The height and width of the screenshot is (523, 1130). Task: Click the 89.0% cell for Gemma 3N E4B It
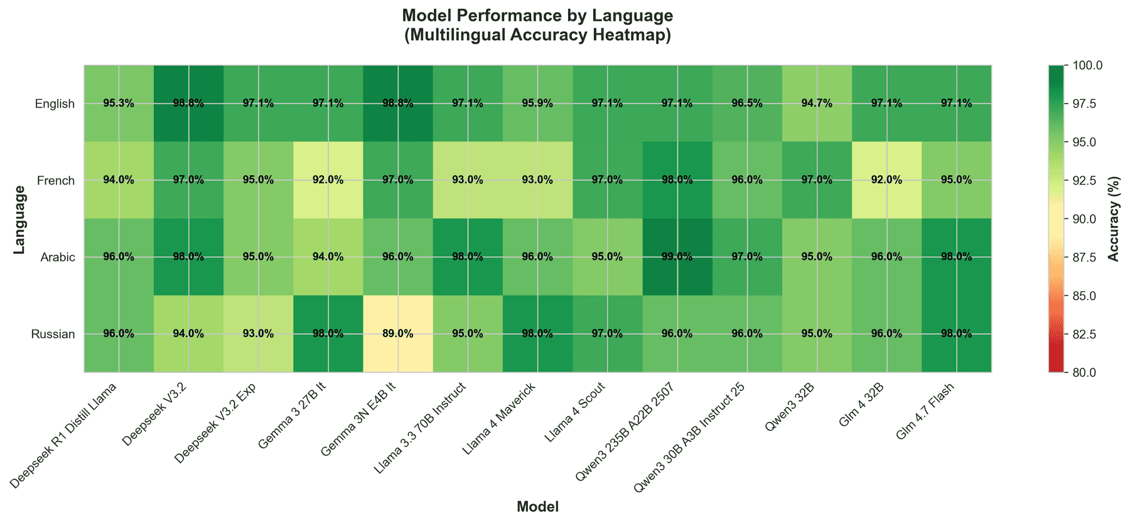[x=398, y=333]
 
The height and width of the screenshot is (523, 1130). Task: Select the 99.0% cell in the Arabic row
[x=677, y=257]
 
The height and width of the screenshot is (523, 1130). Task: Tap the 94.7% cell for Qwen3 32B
[x=817, y=104]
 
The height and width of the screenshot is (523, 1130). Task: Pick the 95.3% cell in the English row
[x=119, y=104]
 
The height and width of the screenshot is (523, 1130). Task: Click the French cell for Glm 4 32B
[x=886, y=180]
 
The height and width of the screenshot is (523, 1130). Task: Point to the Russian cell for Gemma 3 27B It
[x=328, y=333]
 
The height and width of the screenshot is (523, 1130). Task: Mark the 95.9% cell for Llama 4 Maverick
[x=537, y=104]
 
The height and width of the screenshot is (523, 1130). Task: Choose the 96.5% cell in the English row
[x=747, y=104]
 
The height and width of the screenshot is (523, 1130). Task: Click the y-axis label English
[x=55, y=104]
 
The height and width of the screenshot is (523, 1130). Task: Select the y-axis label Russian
[x=53, y=334]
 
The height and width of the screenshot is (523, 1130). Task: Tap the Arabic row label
[x=58, y=257]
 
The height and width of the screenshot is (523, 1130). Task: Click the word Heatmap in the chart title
[x=636, y=35]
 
